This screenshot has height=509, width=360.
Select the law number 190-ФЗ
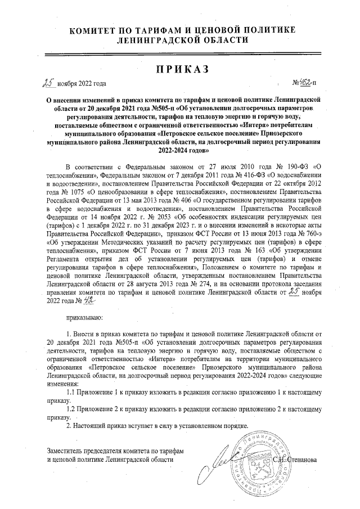tap(291, 168)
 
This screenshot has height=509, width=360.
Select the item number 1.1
tap(71, 391)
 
